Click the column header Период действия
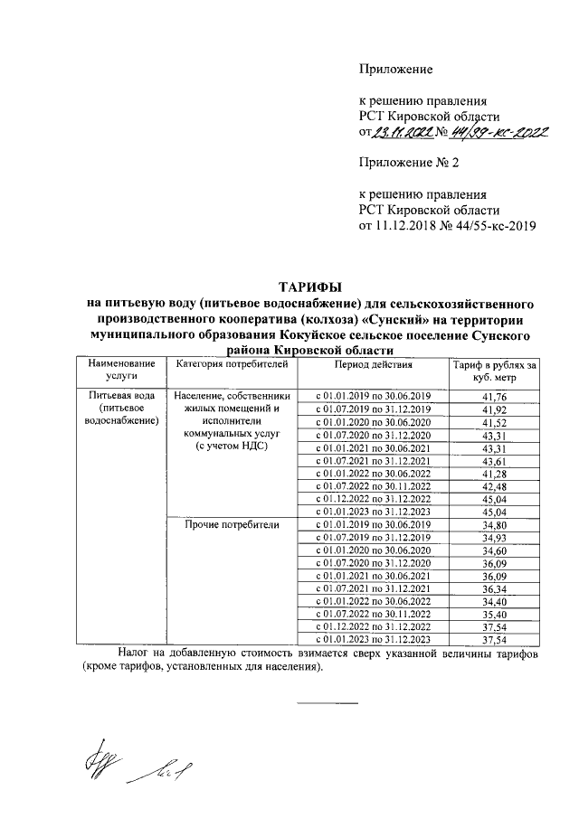point(372,364)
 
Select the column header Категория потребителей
point(232,364)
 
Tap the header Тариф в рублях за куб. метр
point(495,371)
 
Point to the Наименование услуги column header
point(121,371)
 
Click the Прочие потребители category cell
point(232,525)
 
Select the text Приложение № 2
point(410,164)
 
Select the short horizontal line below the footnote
point(328,702)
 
